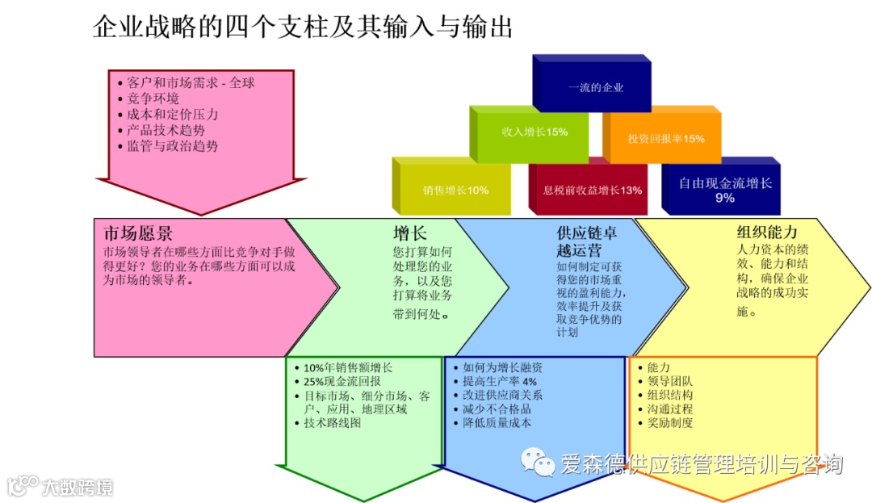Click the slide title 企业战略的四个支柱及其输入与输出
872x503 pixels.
(x=303, y=28)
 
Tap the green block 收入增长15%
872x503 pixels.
(x=535, y=132)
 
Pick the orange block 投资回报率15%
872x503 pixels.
(x=666, y=138)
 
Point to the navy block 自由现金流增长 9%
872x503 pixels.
(x=725, y=190)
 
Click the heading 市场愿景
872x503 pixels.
(x=138, y=234)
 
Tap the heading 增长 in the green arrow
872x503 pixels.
(x=409, y=233)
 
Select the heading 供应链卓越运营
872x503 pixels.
(x=587, y=241)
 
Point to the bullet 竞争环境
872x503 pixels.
(x=153, y=99)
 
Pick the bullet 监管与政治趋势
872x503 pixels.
(x=173, y=146)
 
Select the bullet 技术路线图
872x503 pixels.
(x=333, y=423)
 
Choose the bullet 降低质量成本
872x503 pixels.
(x=497, y=422)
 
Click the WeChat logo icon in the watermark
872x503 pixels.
(x=537, y=463)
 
